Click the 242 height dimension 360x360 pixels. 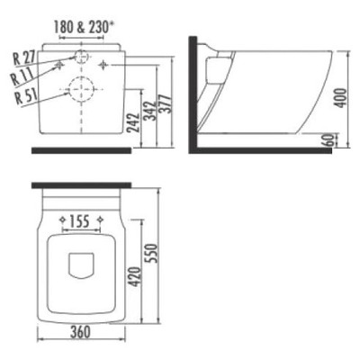133,115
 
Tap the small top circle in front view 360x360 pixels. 82,57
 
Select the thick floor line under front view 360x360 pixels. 82,149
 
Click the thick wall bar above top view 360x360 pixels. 82,185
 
